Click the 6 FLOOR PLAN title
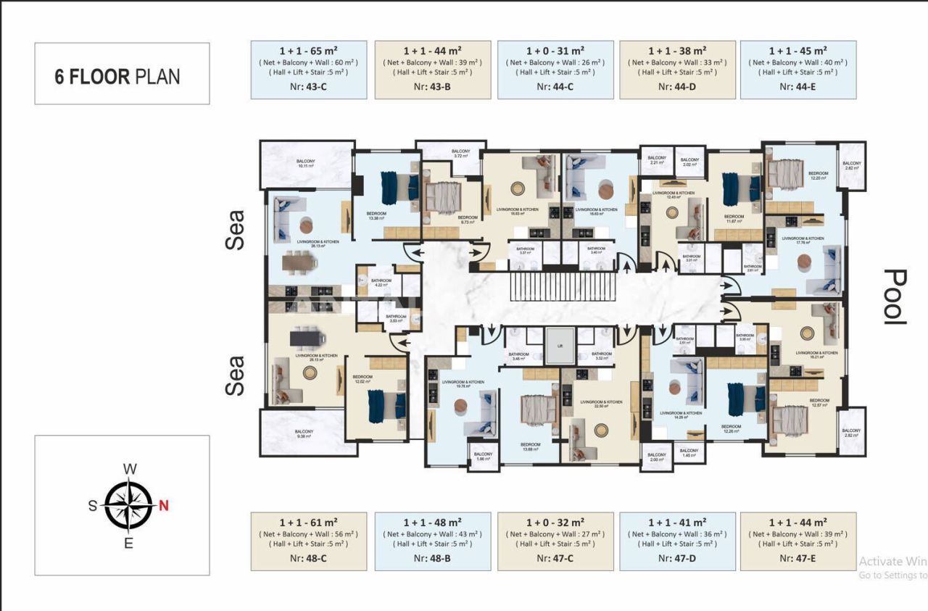(x=117, y=76)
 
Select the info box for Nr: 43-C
(x=308, y=70)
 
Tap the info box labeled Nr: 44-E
(x=797, y=70)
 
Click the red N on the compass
(x=164, y=506)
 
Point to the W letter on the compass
(x=130, y=469)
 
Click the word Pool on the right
(x=896, y=296)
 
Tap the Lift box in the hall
(x=560, y=346)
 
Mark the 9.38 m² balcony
(x=303, y=433)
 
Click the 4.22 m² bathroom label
(x=381, y=283)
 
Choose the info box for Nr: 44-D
(x=677, y=70)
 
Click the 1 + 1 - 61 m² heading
(x=308, y=521)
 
